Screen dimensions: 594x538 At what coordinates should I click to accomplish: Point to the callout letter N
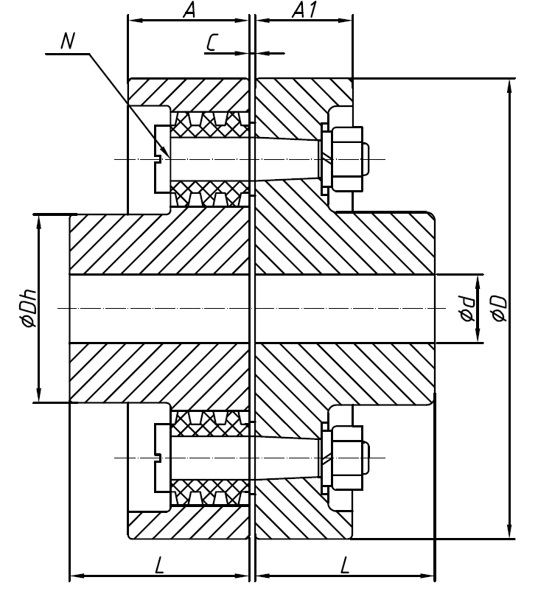[68, 41]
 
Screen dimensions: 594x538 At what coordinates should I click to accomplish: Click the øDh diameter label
[28, 309]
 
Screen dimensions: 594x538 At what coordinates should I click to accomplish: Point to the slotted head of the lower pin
[161, 458]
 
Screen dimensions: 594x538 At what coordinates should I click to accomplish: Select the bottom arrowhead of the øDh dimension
[38, 396]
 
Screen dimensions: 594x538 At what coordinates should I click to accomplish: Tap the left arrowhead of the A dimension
[133, 20]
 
